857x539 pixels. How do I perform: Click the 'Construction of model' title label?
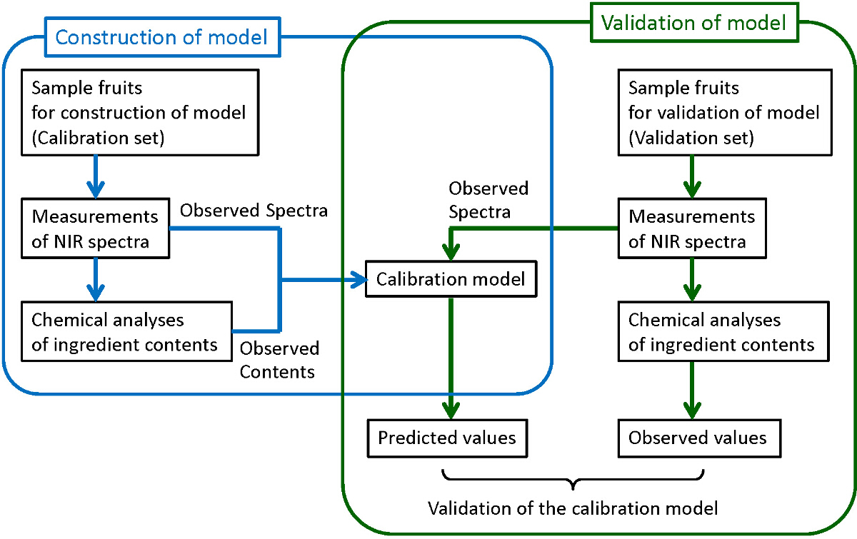[161, 36]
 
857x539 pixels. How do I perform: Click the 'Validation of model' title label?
[693, 22]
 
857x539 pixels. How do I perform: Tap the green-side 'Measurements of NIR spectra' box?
[691, 228]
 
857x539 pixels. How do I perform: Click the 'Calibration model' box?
[451, 279]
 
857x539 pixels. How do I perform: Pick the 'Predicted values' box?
[447, 437]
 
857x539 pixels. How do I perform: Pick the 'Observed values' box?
[697, 437]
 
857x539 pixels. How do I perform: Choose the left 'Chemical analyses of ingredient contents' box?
[126, 333]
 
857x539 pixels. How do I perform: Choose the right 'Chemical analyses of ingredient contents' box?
[721, 333]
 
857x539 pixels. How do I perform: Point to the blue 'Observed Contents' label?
[279, 360]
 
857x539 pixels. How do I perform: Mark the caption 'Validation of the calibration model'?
[572, 509]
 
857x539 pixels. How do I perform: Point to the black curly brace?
[573, 479]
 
